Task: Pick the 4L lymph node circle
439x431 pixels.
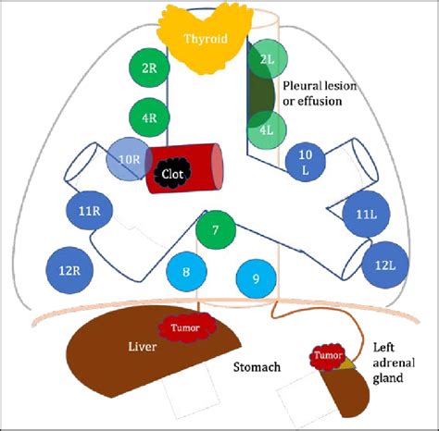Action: coord(266,129)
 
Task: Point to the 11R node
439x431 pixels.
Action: coord(89,211)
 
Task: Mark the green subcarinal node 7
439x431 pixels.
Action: coord(215,230)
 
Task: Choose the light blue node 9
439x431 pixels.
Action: coord(256,277)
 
